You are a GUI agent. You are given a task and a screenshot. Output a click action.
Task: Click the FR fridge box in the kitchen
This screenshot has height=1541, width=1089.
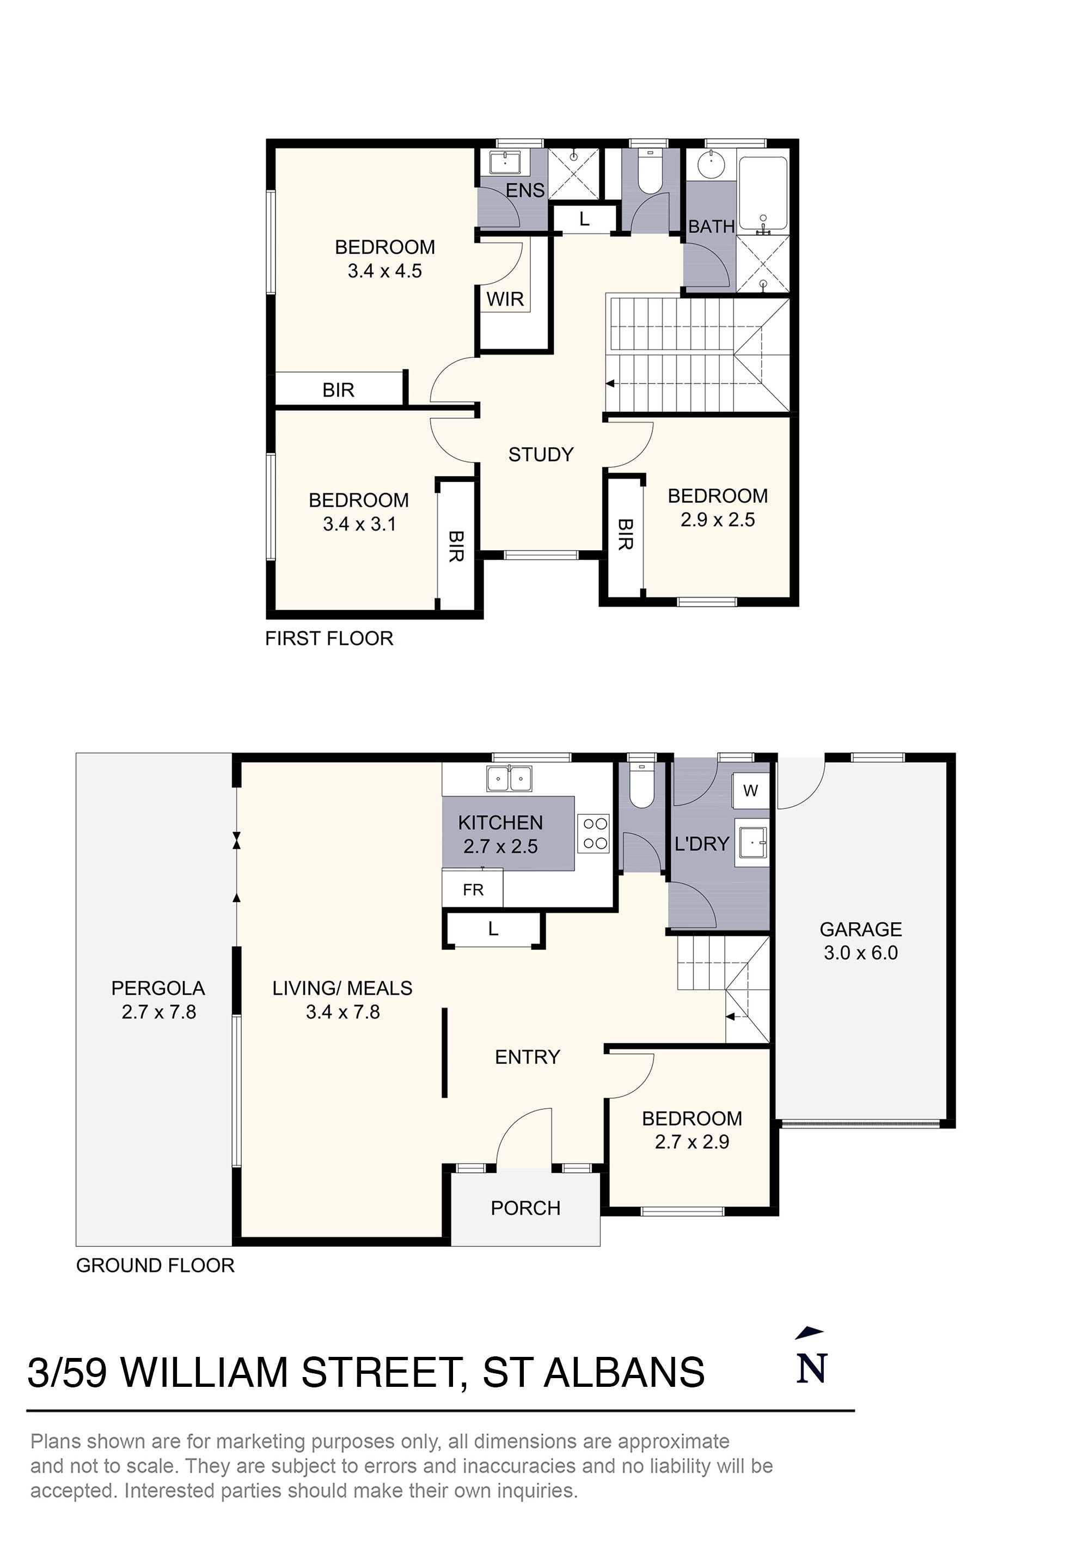[473, 890]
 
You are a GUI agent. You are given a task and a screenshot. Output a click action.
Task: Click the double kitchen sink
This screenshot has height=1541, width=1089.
[509, 779]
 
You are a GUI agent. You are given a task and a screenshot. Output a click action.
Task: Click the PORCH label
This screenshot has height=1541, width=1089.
[525, 1208]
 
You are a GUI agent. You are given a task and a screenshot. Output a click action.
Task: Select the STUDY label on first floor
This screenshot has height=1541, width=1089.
[541, 454]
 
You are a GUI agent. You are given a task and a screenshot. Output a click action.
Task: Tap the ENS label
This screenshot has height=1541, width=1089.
[525, 191]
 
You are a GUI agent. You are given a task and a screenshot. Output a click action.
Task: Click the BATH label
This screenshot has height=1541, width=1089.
[711, 227]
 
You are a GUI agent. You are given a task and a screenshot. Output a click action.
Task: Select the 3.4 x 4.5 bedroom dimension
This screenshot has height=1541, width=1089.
[384, 271]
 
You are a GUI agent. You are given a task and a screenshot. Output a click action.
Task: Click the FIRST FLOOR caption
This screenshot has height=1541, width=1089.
[329, 638]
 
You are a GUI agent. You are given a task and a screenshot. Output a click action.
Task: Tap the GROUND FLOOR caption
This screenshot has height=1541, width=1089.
[155, 1265]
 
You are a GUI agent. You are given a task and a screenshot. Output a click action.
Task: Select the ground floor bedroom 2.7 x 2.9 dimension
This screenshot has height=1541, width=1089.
[692, 1142]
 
